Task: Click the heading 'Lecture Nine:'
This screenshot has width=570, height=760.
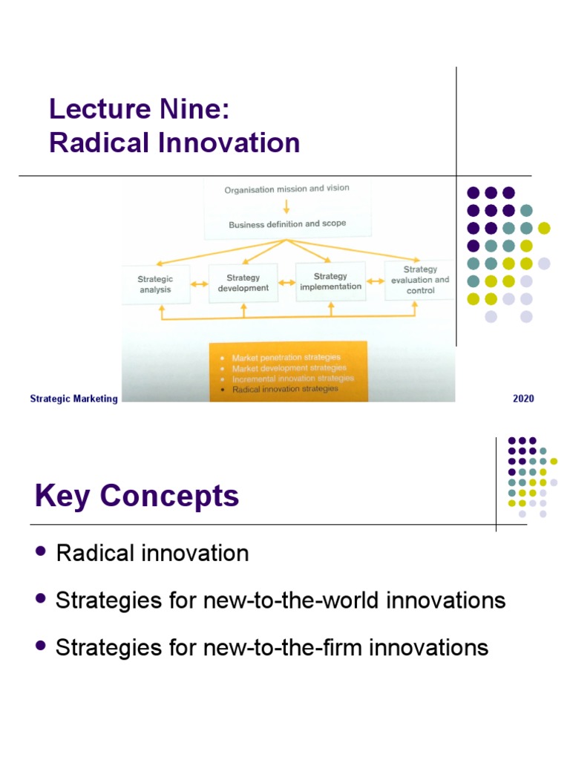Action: point(140,109)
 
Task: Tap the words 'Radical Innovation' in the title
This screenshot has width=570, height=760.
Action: point(174,142)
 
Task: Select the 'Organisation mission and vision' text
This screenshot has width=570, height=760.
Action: point(286,189)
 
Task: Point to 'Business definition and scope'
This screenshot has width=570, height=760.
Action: point(286,223)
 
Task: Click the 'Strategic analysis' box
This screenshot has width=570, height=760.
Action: point(155,284)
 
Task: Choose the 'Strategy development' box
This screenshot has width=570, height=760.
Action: point(243,283)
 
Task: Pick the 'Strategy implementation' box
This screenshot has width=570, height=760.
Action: point(330,281)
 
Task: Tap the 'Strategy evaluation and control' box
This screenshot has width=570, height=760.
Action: point(420,280)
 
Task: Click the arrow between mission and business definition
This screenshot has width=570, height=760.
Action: point(286,206)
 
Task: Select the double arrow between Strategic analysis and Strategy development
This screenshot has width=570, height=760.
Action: point(199,284)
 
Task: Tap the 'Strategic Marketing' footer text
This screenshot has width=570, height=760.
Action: point(73,399)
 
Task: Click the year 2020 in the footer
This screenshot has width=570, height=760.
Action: point(523,399)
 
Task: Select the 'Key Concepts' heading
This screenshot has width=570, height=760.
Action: point(137,496)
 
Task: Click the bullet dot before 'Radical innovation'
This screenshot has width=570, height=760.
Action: point(41,551)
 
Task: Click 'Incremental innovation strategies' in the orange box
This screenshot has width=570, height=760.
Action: point(293,378)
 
